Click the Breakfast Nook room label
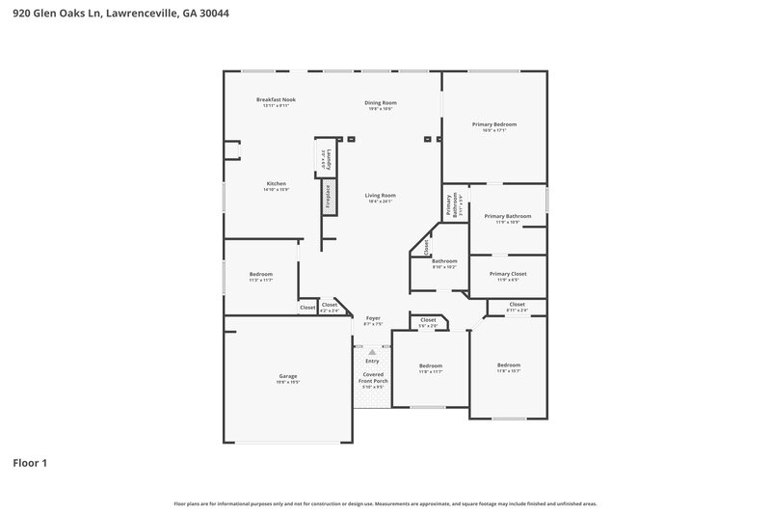[276, 100]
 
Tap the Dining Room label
[381, 103]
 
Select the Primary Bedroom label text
[493, 124]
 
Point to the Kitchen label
[277, 183]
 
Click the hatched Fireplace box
[328, 198]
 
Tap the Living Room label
[381, 196]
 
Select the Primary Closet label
[508, 274]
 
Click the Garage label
[288, 376]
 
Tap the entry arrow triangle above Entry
[372, 353]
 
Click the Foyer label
[372, 318]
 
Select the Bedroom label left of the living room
[261, 274]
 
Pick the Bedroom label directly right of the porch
[431, 365]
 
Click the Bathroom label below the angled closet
[444, 260]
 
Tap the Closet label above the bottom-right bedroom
[518, 304]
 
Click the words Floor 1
[29, 463]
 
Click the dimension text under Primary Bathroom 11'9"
[508, 223]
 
